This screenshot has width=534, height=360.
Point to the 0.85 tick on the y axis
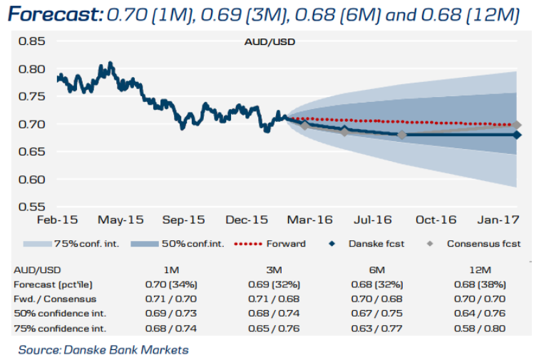pos(31,41)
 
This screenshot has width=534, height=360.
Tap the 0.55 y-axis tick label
pos(31,207)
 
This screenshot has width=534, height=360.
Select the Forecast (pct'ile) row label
pos(51,284)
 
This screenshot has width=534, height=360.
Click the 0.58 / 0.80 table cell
pos(481,328)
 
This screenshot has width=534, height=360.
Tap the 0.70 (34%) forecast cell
pos(170,284)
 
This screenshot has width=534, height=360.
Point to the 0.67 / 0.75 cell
pos(376,314)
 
